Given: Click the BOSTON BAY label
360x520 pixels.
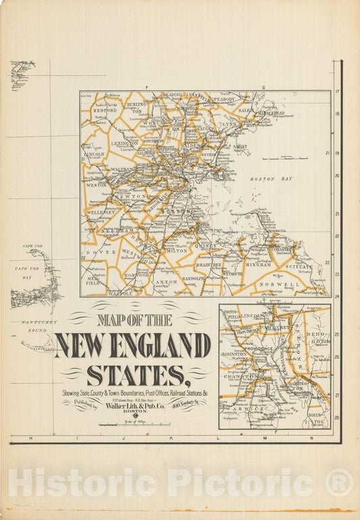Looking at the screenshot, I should coord(271,179).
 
